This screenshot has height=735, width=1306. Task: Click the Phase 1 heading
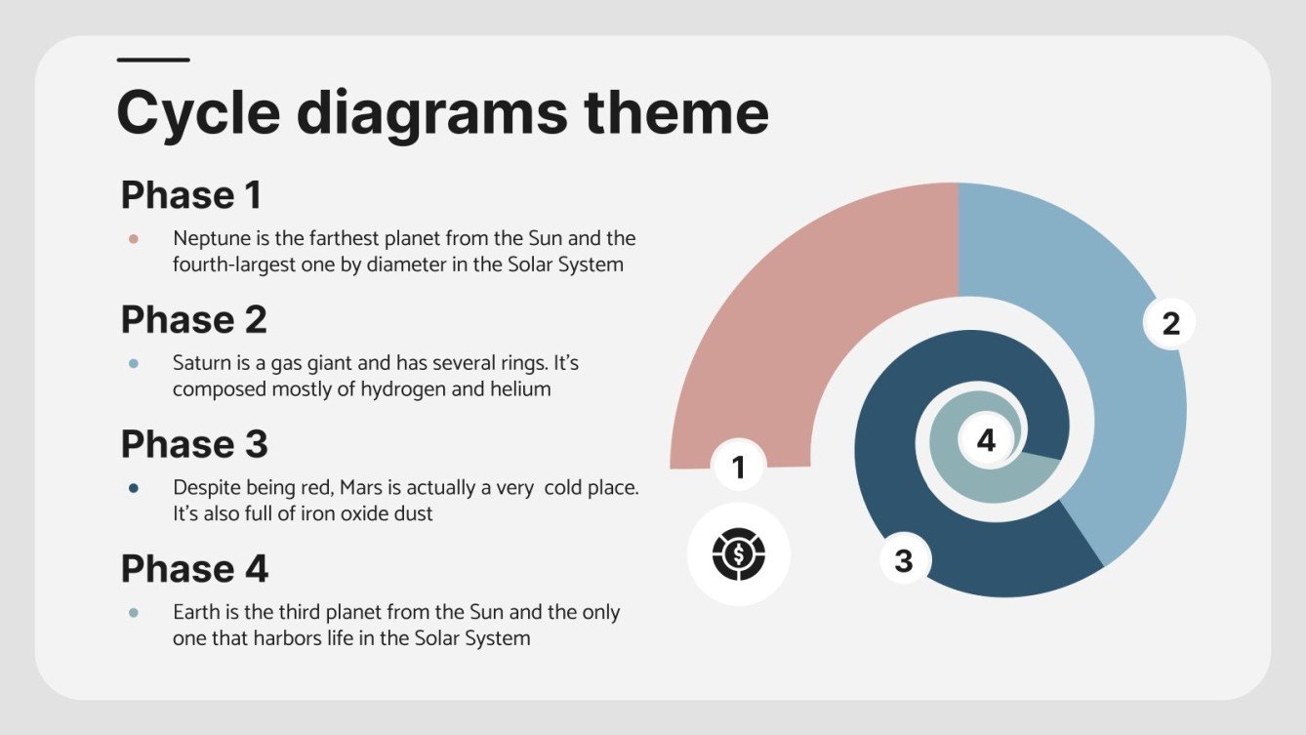[x=191, y=195]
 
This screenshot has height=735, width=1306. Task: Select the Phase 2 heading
[x=193, y=320]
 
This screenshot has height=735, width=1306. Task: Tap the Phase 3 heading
[x=194, y=444]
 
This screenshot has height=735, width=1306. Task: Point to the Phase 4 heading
[x=194, y=569]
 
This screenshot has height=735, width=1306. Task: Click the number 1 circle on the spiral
[x=739, y=468]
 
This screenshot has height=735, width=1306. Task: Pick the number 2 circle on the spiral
[x=1170, y=323]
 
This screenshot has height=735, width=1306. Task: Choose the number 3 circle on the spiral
[x=904, y=561]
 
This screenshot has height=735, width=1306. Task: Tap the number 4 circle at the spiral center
[x=986, y=441]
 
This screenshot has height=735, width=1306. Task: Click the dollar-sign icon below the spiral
[x=739, y=554]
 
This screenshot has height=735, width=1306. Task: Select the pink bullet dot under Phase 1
[x=134, y=238]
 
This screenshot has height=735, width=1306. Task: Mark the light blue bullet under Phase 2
[x=134, y=363]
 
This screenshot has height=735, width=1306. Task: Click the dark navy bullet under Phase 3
[x=134, y=488]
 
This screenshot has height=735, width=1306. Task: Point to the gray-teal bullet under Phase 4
[x=134, y=613]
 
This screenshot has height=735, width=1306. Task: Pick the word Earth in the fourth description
[x=196, y=613]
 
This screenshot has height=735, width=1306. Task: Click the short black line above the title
[x=153, y=61]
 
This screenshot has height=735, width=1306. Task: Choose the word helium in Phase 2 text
[x=521, y=389]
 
